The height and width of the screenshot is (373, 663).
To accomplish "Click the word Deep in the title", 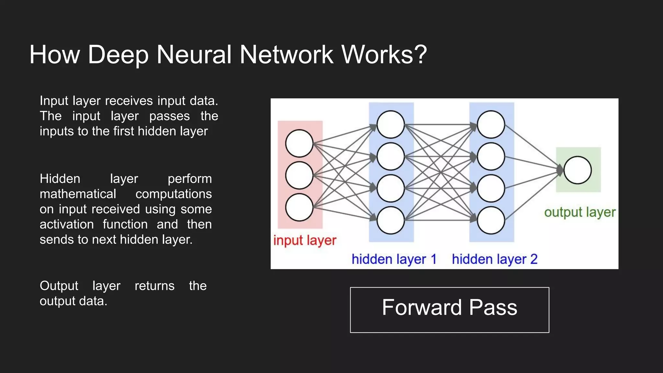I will point(118,54).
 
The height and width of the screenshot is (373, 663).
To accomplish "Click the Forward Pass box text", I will point(449,308).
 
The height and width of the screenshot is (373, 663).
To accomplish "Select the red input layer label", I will point(305,241).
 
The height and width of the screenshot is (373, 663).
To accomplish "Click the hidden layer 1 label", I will point(394,259).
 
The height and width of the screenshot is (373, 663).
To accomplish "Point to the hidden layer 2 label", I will point(494,259).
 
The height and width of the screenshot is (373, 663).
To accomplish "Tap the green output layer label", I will point(579,212).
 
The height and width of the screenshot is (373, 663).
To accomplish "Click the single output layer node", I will point(578,170).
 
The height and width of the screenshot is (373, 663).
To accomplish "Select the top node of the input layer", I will point(299,143).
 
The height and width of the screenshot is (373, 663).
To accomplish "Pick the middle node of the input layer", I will point(299,175).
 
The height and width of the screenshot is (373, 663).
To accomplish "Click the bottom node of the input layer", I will point(299,207).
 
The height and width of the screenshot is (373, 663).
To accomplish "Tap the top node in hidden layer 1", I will point(391,124).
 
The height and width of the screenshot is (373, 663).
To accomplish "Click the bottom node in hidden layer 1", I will point(391,220).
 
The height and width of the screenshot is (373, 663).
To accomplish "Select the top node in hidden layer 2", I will point(491,124).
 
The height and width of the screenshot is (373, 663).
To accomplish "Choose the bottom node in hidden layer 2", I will point(491,220).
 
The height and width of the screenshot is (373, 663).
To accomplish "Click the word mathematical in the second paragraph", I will point(78,194).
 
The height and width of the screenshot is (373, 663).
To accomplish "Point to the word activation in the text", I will point(67,224).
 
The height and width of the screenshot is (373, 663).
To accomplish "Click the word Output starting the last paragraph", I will point(59,286).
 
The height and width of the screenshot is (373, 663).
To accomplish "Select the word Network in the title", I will point(287,54).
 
